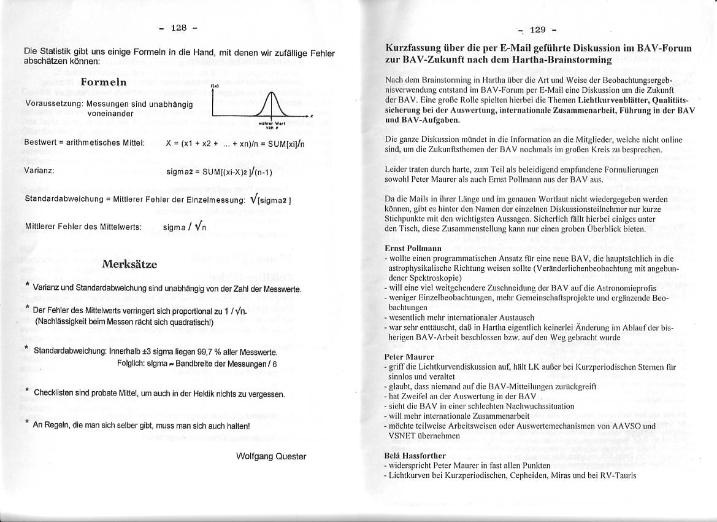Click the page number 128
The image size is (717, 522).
178,28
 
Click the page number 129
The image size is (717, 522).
538,29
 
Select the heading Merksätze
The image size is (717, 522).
130,265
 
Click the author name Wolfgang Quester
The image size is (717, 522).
271,456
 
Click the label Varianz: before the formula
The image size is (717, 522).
40,170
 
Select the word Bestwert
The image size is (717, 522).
40,143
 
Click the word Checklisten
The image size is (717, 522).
53,392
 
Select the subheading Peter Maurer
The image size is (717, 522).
408,357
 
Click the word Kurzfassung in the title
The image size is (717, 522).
414,48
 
